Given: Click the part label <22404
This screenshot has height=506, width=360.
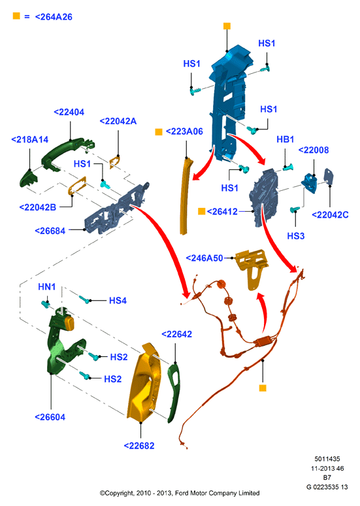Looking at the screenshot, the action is click(x=69, y=112).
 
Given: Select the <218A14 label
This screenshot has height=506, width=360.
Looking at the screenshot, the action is click(x=29, y=139).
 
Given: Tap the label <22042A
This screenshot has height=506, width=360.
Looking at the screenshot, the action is click(x=118, y=122).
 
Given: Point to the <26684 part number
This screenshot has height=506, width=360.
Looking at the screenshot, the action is click(x=50, y=231).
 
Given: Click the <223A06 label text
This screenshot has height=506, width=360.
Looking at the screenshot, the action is click(x=184, y=131).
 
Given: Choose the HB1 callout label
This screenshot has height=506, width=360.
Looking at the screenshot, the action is click(x=285, y=139).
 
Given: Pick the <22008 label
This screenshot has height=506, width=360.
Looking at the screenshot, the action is click(x=314, y=150).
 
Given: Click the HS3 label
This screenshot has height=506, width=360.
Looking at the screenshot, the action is click(x=296, y=236).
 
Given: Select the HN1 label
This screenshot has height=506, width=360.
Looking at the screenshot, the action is click(x=47, y=286).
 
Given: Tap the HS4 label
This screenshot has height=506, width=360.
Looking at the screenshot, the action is click(x=118, y=301).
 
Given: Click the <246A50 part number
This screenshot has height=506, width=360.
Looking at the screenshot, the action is click(x=205, y=258).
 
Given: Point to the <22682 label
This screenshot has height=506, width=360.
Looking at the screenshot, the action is click(x=139, y=446).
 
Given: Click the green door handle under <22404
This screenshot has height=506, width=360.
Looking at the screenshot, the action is click(x=65, y=151).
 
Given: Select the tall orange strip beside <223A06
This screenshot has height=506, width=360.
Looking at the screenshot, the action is click(x=185, y=195).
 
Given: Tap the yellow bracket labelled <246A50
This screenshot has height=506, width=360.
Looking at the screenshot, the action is click(x=252, y=267).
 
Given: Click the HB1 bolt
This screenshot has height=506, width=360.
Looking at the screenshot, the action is click(x=288, y=167).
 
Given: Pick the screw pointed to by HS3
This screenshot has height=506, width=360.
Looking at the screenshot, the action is click(x=295, y=210).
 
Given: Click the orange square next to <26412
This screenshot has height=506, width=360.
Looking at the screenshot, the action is click(x=202, y=211).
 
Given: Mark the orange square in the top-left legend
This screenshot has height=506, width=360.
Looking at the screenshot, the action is click(x=16, y=16).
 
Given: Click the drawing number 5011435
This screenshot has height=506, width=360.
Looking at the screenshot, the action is click(x=327, y=459).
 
